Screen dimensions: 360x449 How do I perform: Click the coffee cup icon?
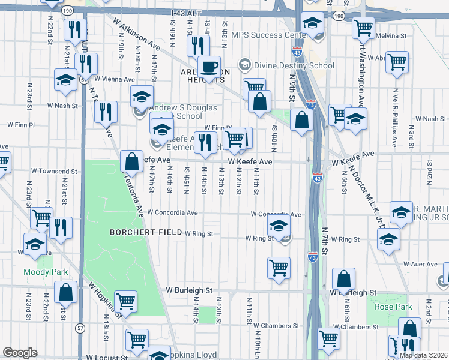click(x=209, y=66)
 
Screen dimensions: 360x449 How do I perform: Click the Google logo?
click(x=20, y=353)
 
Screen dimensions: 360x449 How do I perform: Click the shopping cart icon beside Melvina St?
click(x=363, y=27)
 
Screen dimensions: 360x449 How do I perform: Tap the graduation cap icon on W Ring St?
click(x=277, y=227)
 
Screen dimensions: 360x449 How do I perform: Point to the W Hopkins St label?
click(x=106, y=300)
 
